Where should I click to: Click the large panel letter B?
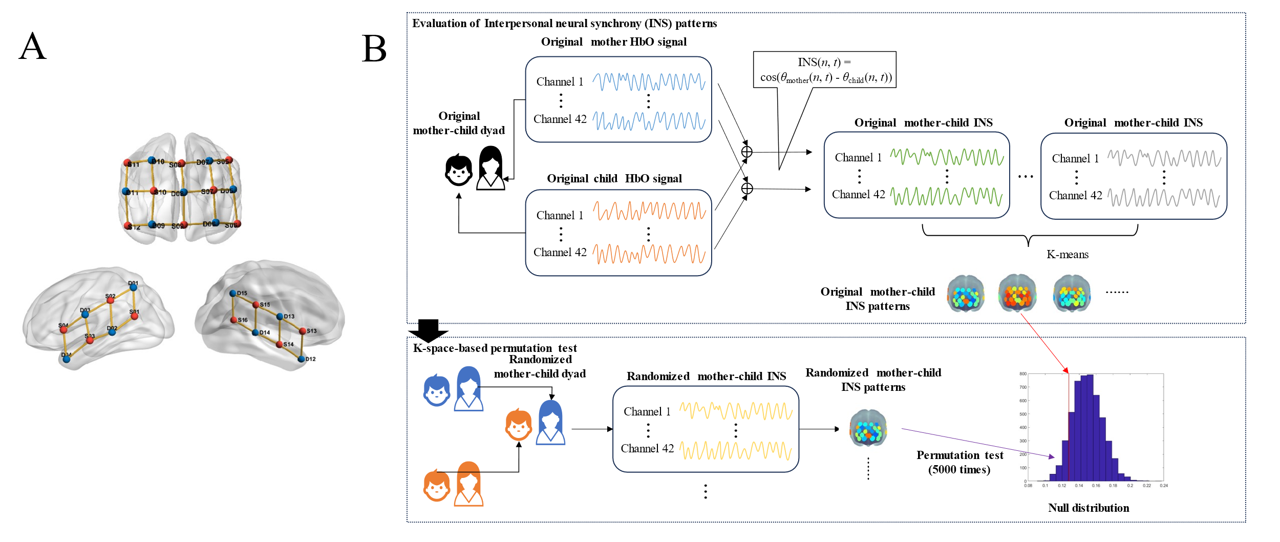374,49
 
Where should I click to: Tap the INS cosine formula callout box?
824,70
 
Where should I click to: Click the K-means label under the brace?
1067,255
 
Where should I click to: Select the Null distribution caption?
1088,508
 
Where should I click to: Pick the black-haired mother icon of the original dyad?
490,168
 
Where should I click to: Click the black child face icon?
458,170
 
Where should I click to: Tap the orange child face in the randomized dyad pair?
519,425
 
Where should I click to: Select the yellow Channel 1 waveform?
736,411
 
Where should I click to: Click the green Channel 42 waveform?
946,195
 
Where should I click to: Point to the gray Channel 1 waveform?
1164,158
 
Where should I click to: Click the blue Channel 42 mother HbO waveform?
649,120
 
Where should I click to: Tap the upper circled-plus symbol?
747,152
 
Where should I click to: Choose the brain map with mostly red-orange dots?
1017,294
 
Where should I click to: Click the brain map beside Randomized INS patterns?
868,429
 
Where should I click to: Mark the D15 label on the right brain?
242,293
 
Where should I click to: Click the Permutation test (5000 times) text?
959,462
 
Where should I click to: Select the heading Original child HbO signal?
614,179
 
